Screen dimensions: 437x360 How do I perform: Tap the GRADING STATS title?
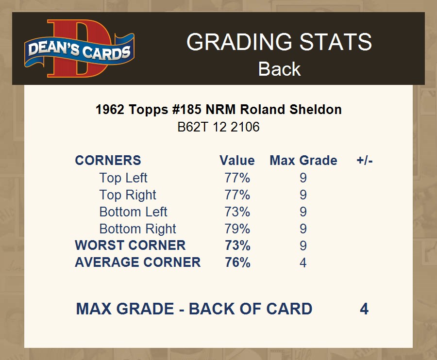tap(279, 42)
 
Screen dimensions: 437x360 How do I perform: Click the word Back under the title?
tap(279, 69)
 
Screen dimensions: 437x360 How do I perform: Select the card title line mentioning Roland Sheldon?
tap(218, 110)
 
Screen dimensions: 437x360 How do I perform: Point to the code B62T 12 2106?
tap(218, 127)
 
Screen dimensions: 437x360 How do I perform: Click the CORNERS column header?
tap(108, 161)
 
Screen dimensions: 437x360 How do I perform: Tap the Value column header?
tap(237, 161)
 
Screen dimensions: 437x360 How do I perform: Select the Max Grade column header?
tap(303, 161)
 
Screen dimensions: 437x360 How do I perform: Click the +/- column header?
tap(365, 161)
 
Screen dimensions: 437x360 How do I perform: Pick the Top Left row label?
tap(123, 178)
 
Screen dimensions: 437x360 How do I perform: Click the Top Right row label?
tap(128, 195)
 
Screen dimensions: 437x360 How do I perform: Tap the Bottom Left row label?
tap(133, 212)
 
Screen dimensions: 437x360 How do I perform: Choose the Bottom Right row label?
tap(138, 229)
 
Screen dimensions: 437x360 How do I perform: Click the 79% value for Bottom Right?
tap(237, 229)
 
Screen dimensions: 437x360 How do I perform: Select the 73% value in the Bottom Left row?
tap(237, 212)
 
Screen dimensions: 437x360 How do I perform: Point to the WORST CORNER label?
tap(131, 245)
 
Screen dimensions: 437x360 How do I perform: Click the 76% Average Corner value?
tap(238, 262)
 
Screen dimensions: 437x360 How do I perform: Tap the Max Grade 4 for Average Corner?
tap(303, 262)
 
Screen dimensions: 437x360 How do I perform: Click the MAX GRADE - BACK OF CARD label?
tap(194, 309)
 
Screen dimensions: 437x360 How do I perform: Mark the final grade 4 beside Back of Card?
tap(364, 309)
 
